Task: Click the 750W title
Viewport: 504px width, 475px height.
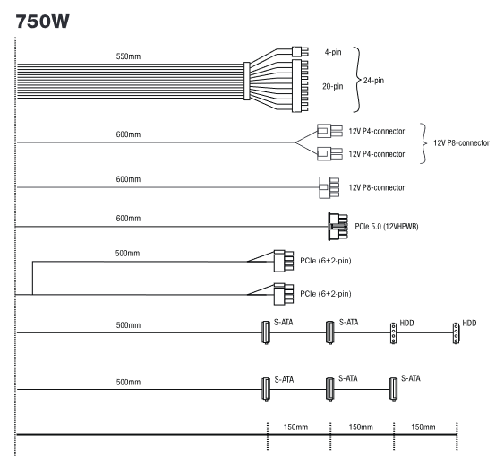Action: point(42,22)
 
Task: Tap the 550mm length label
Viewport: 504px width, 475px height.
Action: point(128,56)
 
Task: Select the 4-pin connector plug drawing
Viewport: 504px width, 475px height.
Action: point(300,51)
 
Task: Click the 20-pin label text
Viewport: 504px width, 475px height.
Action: point(333,86)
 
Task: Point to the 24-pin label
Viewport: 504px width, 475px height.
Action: point(373,81)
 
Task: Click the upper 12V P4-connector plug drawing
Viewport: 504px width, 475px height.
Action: point(329,131)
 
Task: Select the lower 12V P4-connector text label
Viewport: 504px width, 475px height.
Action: point(377,154)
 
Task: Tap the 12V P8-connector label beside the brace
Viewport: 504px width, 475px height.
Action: point(461,142)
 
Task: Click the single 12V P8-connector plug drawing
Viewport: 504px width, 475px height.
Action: point(329,187)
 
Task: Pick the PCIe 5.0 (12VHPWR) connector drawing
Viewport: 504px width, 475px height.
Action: point(337,227)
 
